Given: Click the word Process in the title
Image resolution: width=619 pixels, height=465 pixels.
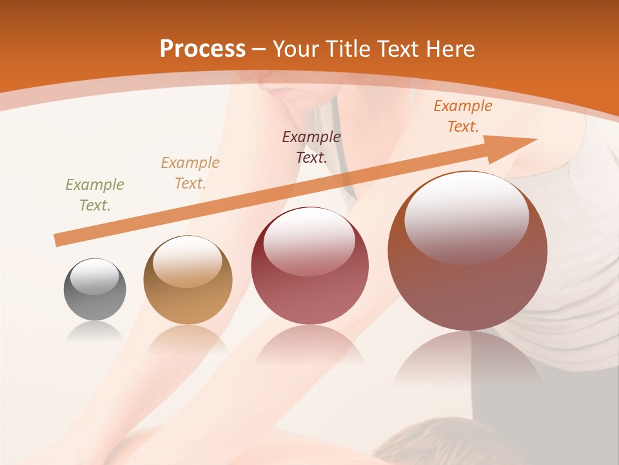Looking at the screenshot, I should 202,49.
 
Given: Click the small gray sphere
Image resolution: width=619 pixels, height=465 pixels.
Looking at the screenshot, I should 95,289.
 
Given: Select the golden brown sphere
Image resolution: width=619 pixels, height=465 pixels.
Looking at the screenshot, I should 188,280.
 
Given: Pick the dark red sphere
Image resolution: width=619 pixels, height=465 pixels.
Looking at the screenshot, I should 309,265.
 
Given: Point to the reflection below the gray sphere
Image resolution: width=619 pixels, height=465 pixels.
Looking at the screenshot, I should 95,332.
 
